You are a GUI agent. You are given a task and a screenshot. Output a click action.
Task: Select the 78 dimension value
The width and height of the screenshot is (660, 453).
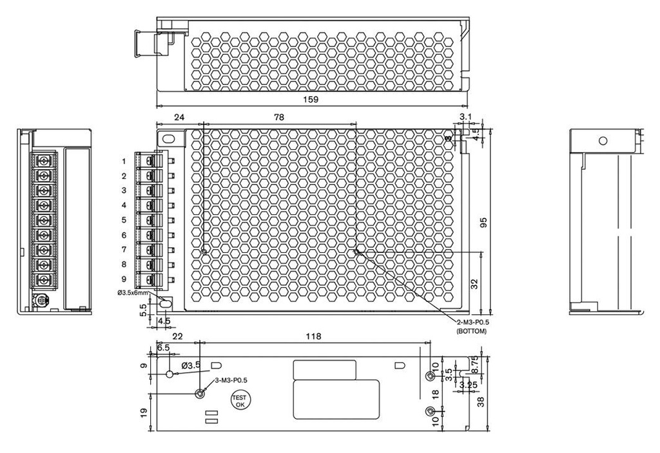click(278, 117)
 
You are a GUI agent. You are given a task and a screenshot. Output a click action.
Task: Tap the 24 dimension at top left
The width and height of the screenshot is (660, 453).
click(179, 117)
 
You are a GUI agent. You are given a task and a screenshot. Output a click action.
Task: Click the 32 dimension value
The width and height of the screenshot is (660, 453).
click(475, 283)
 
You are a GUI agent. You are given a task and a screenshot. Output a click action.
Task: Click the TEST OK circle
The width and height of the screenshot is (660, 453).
click(240, 401)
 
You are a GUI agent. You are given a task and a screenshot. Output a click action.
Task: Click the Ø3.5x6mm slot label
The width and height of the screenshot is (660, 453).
click(133, 292)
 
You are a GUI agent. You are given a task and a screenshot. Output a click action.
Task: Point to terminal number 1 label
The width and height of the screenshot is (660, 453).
click(124, 161)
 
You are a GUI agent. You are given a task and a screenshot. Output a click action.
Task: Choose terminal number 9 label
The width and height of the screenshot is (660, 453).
click(124, 279)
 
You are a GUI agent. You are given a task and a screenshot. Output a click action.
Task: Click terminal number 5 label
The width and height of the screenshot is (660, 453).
click(124, 220)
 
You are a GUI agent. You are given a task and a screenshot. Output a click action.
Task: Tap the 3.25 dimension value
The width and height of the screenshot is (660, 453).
click(468, 385)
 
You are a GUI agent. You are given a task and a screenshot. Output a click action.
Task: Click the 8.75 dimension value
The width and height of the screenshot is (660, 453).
click(476, 366)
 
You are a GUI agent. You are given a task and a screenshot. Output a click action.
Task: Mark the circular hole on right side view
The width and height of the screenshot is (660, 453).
click(603, 140)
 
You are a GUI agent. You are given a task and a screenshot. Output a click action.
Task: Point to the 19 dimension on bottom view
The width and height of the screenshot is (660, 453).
click(144, 411)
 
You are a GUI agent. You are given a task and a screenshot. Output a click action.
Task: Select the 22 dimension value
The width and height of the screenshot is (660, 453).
click(177, 336)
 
